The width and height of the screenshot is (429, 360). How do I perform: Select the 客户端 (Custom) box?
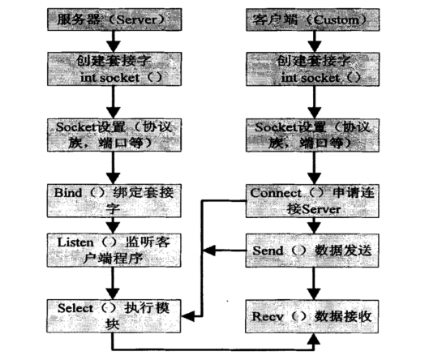click(302, 17)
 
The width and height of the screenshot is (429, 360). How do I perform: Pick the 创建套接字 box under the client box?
click(302, 70)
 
